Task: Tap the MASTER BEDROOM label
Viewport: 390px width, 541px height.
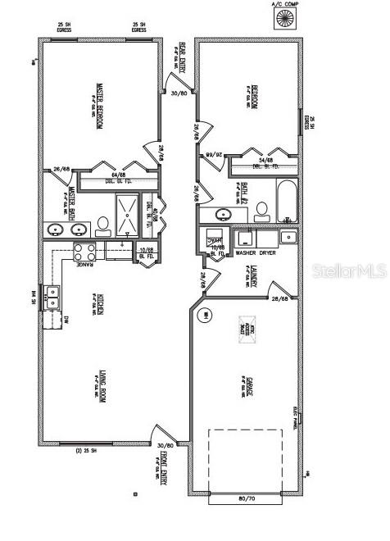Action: coord(98,107)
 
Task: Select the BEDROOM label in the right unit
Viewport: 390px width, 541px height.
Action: coord(255,97)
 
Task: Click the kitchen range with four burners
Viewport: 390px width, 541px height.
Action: coord(84,250)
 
